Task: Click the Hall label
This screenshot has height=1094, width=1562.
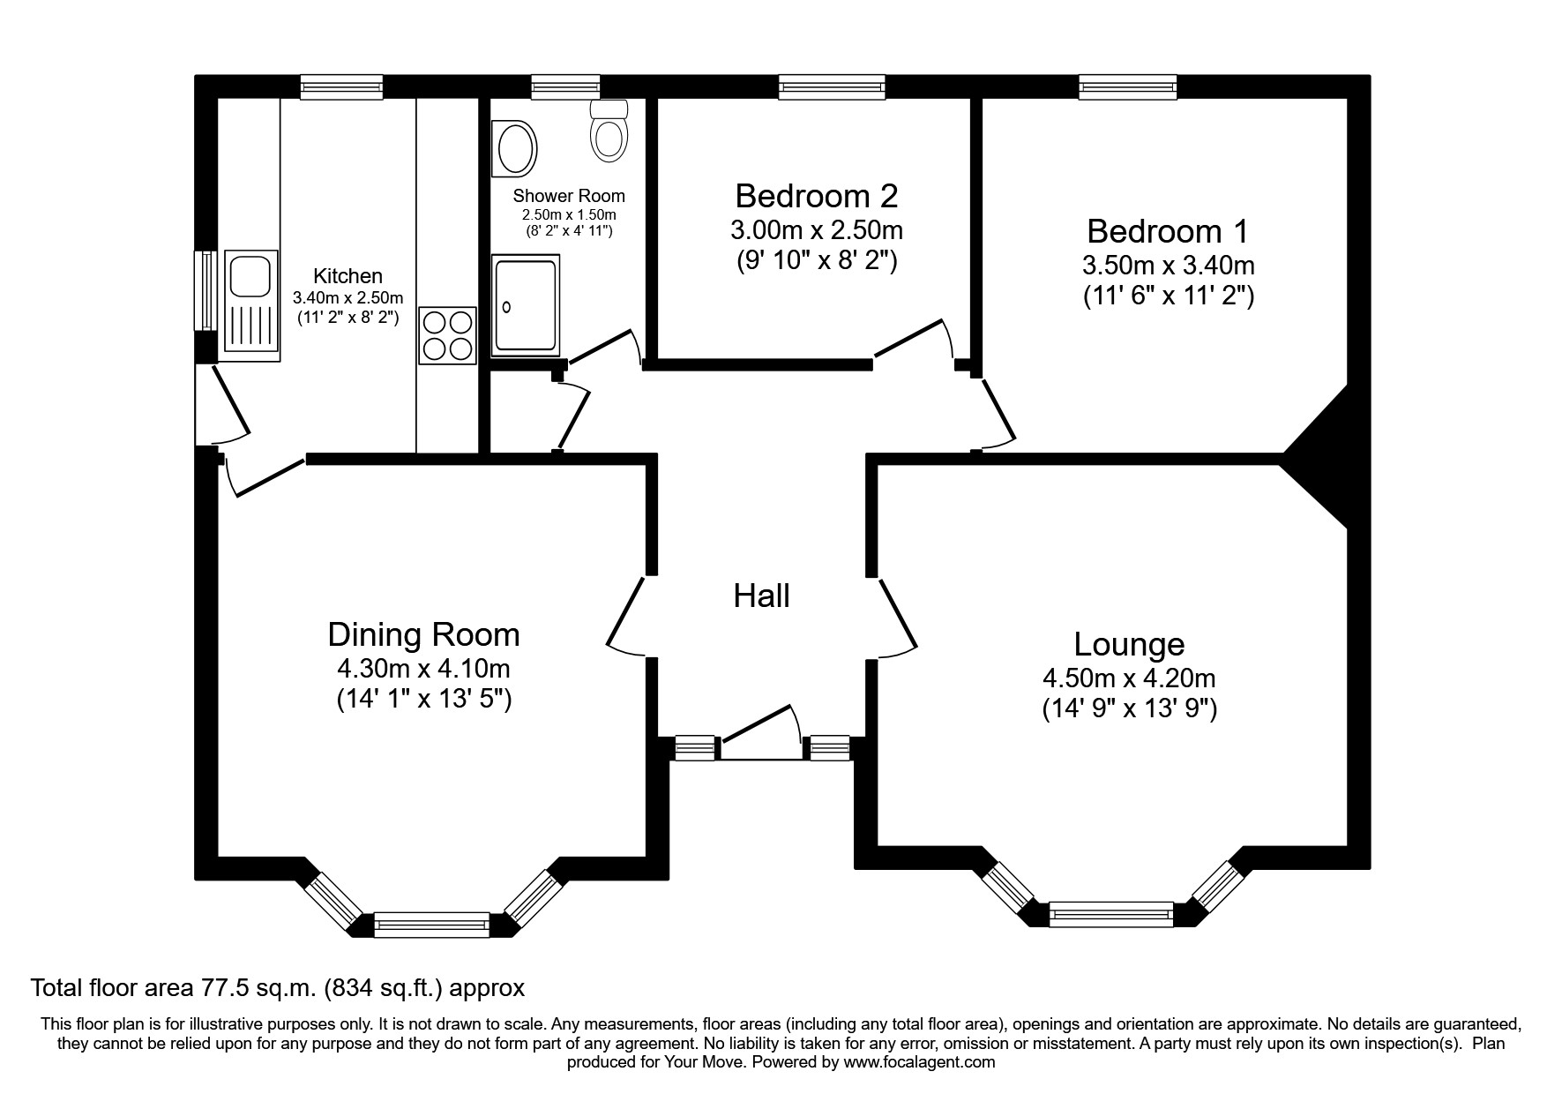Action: click(761, 596)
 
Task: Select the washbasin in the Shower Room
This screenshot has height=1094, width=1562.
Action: click(515, 147)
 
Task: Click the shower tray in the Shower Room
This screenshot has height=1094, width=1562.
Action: click(526, 306)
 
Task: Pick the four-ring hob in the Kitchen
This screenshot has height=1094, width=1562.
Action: click(448, 335)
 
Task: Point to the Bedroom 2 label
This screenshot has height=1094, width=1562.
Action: click(817, 195)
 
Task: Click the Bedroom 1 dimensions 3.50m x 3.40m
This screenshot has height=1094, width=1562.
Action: click(1168, 265)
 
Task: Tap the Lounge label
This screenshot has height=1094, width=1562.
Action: click(1129, 645)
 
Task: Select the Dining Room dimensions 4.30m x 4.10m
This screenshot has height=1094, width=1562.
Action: click(423, 668)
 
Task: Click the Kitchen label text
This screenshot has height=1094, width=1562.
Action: click(348, 276)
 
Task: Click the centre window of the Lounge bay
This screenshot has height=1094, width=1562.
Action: click(1111, 914)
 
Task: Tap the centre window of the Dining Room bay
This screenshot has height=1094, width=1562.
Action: click(431, 925)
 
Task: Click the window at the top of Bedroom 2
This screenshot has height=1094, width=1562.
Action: click(832, 86)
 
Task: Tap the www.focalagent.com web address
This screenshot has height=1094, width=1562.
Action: click(919, 1062)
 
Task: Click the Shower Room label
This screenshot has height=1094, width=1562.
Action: click(569, 196)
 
